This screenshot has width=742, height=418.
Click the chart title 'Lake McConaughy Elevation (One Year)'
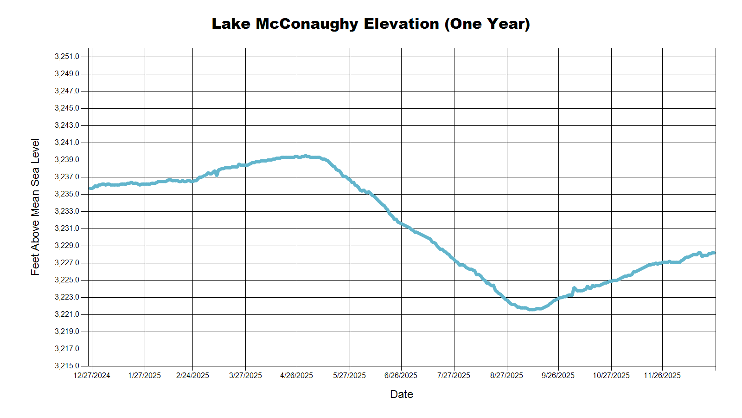coord(371,24)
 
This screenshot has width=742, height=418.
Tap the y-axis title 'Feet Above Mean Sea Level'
coord(35,207)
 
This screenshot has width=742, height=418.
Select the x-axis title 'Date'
coord(401,394)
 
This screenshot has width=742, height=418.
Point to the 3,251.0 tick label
coord(67,57)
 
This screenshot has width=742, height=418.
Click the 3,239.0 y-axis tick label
coord(67,160)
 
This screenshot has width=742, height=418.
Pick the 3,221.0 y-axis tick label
coord(67,314)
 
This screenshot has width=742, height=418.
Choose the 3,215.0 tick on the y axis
coord(67,366)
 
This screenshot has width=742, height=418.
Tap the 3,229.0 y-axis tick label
coord(67,246)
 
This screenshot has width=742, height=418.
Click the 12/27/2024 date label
coord(92,375)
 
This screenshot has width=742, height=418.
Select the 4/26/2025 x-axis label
coord(297,375)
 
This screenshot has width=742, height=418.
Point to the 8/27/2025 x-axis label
coord(506,375)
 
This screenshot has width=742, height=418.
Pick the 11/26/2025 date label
coord(662,375)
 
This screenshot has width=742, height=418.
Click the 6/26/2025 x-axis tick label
coord(401,375)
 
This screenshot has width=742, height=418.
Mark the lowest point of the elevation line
coord(532,309)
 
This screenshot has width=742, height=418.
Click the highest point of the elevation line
coord(305,156)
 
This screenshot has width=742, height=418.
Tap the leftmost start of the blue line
coord(90,189)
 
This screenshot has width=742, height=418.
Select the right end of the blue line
coord(714,253)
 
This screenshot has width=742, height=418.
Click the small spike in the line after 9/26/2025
coord(574,288)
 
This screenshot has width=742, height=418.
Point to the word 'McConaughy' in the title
coord(307,24)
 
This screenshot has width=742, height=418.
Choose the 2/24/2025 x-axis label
coord(192,375)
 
